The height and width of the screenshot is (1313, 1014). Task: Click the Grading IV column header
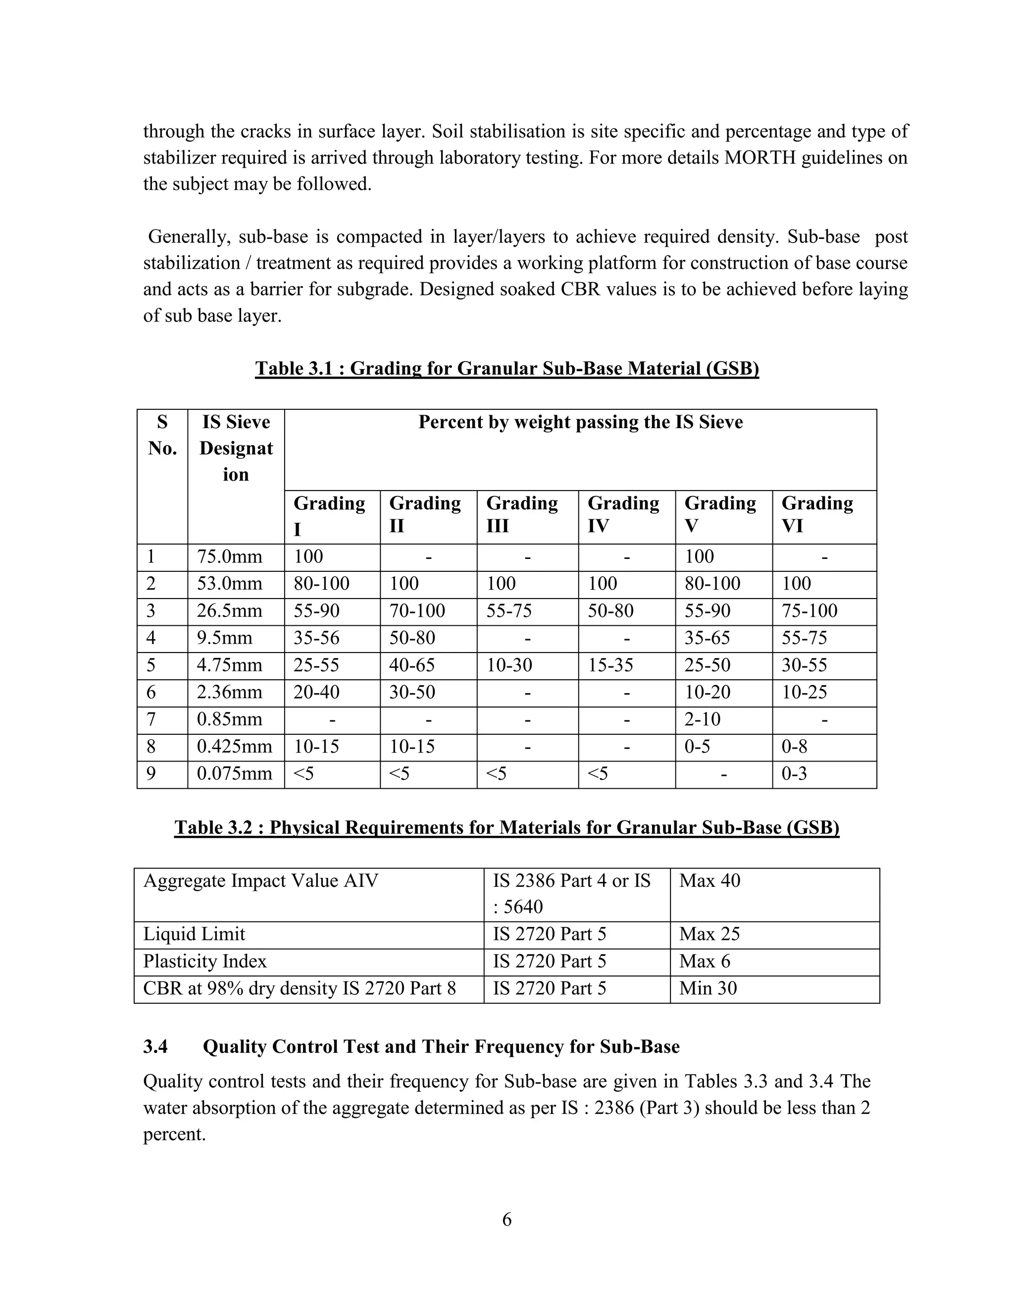pos(623,515)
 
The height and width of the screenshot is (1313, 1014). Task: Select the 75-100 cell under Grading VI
pos(809,611)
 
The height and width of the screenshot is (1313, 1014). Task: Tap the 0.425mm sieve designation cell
pos(234,747)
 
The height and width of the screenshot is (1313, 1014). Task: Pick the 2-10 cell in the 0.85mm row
pos(702,719)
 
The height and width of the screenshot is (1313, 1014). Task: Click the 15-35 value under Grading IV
pos(610,665)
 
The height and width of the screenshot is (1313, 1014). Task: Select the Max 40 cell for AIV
pos(710,881)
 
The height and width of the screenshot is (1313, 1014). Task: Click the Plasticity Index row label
pos(205,961)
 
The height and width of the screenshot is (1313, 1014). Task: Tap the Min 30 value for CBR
pos(708,988)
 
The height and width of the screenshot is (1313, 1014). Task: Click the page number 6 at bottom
pos(507,1220)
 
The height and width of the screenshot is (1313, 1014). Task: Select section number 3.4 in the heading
pos(155,1046)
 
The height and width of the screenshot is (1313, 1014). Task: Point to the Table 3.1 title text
pos(507,368)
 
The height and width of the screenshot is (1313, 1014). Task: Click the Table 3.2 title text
pos(507,827)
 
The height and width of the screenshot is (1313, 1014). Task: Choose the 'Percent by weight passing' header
pos(580,422)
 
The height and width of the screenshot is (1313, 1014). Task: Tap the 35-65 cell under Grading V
pos(707,638)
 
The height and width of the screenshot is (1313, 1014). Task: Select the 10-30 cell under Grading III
pos(509,665)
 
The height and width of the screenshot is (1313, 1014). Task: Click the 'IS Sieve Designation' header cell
pos(236,448)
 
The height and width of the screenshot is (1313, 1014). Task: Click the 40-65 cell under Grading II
pos(412,665)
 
